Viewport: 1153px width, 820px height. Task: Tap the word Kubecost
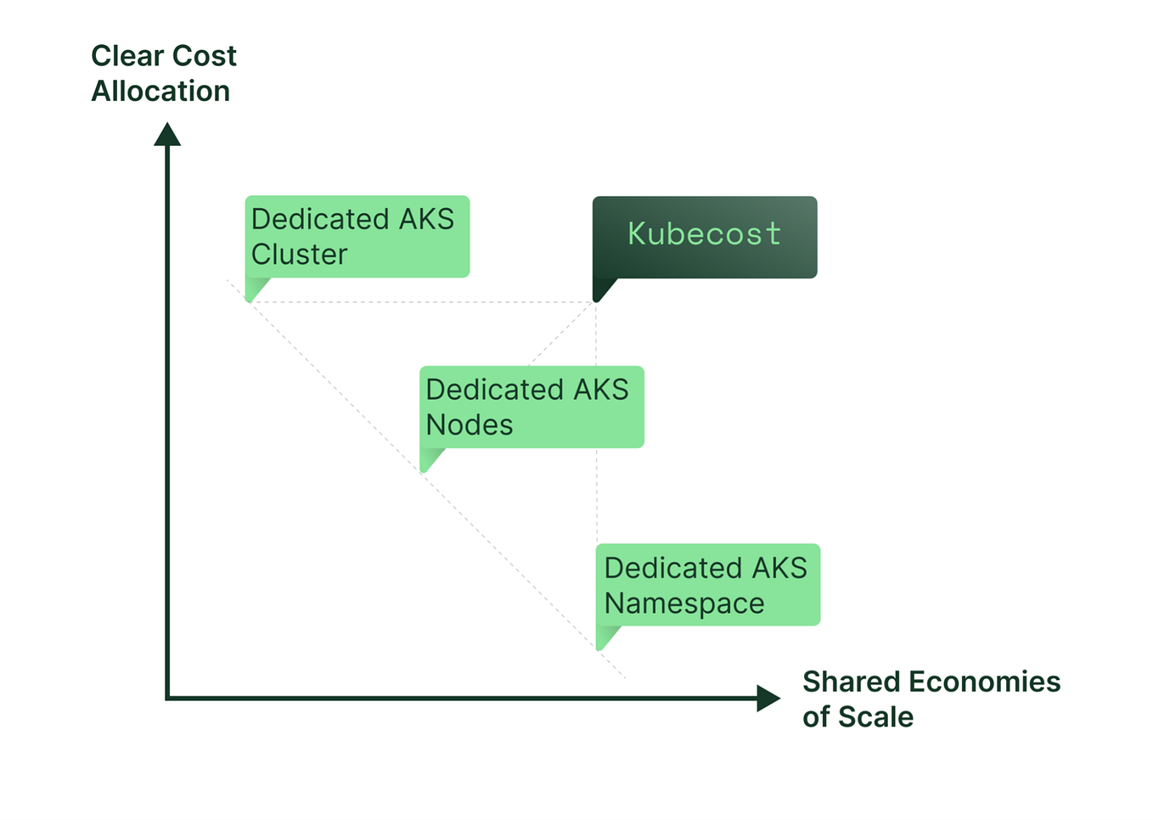pos(704,233)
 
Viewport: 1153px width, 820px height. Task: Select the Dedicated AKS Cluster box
pos(357,236)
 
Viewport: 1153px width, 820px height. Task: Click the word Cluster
pos(299,254)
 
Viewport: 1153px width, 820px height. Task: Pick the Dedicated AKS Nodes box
pos(532,407)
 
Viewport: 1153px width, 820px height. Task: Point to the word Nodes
pos(470,424)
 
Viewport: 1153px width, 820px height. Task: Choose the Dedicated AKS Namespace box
pos(708,585)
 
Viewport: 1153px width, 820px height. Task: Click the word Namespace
pos(684,604)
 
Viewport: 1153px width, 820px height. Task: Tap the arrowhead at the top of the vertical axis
pos(167,134)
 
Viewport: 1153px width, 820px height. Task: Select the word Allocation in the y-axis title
pos(160,91)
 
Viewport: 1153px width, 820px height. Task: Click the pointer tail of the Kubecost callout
pos(602,289)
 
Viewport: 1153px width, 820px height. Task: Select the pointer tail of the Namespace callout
pos(605,637)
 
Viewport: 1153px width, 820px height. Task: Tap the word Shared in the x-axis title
pos(851,682)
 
